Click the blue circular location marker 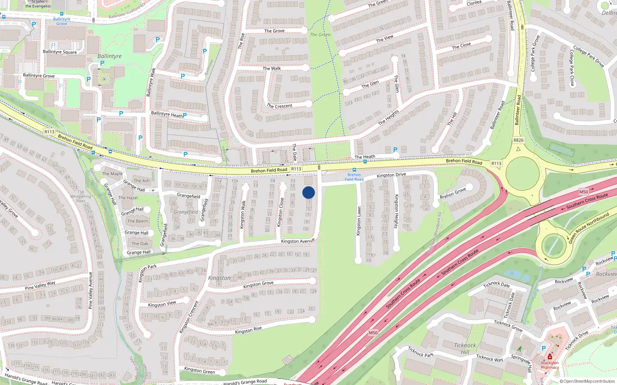point(308,192)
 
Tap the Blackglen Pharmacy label point(550,365)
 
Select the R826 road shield point(518,140)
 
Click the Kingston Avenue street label point(298,241)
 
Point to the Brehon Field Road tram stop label point(354,177)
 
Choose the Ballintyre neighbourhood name point(110,56)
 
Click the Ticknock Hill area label point(465,348)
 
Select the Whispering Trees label point(81,199)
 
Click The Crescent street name point(280,106)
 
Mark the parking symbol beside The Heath point(395,150)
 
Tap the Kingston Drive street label point(391,175)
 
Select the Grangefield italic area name point(185,212)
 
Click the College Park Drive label point(588,57)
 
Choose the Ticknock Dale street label point(497,285)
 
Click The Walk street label point(272,69)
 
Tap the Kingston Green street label point(199,370)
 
